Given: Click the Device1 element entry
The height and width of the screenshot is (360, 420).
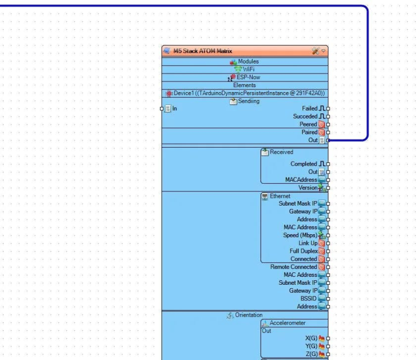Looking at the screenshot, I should point(245,93).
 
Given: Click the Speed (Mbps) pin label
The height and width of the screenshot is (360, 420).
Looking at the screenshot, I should point(299,235).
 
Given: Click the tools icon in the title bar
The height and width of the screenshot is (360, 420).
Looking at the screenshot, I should point(316,51).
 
